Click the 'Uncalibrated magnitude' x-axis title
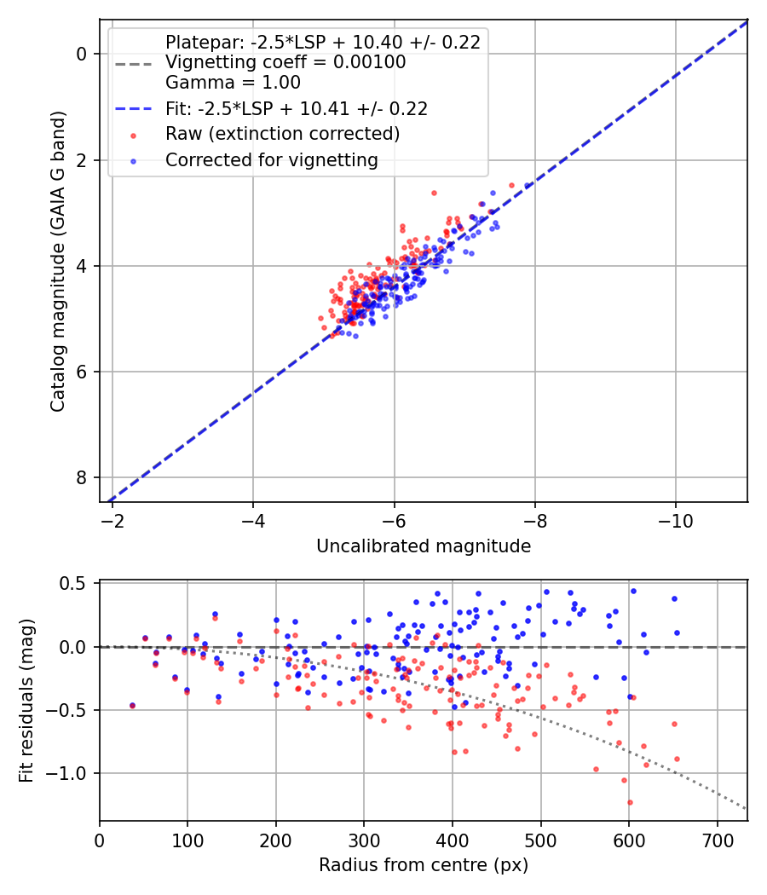coord(424,546)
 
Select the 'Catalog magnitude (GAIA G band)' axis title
coord(58,262)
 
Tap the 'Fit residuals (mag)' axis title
coord(26,701)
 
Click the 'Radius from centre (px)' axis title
coord(424,865)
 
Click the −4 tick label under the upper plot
coord(253,521)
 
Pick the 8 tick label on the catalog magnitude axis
coord(82,477)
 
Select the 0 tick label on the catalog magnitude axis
coord(82,54)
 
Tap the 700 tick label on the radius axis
coord(718,840)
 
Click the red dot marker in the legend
coord(134,136)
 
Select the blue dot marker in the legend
coord(134,162)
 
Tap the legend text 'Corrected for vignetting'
coord(272,160)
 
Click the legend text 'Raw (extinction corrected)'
coord(282,134)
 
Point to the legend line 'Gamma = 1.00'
coord(233,83)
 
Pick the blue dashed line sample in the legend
coord(134,109)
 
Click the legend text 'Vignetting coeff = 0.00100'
coord(285,62)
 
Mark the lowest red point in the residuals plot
coord(630,803)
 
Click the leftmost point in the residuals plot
coord(132,706)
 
